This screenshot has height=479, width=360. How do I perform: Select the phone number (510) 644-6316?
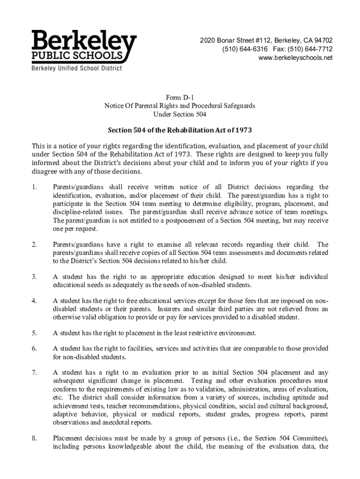242,49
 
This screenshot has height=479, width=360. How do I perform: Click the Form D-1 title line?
180,97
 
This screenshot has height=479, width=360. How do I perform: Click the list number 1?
34,188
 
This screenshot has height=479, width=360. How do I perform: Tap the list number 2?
34,245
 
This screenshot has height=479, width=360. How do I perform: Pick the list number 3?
34,277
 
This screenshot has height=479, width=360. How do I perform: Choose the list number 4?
34,301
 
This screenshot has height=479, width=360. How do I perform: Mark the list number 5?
34,333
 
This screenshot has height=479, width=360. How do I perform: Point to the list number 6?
34,349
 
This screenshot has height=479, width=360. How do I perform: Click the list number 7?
34,373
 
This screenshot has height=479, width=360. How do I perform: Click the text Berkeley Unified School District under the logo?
77,69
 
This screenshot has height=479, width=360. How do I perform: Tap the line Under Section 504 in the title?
180,114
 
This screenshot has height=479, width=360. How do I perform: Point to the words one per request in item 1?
71,229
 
